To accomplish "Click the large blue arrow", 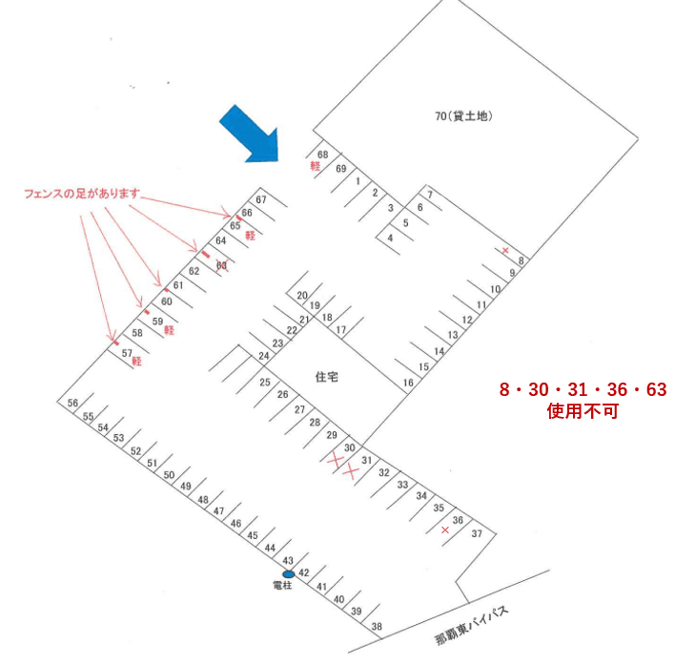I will click(249, 134).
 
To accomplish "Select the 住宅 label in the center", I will click(327, 377).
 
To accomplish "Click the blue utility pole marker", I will click(288, 572).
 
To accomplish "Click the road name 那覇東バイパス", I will click(474, 624).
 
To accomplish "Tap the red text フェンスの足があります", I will click(82, 194).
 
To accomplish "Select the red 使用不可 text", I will click(583, 412).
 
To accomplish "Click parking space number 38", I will click(377, 627).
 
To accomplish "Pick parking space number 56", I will click(72, 404).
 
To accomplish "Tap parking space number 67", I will click(260, 199).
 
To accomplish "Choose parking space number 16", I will click(409, 383).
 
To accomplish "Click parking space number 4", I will click(390, 238).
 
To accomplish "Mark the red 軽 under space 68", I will click(314, 166).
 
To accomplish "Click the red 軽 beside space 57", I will click(136, 362).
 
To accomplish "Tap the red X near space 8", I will click(505, 251).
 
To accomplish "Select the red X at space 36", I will click(444, 529).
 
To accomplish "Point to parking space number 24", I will click(262, 356).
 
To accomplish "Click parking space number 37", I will click(477, 532).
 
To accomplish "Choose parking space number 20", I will click(302, 295).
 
